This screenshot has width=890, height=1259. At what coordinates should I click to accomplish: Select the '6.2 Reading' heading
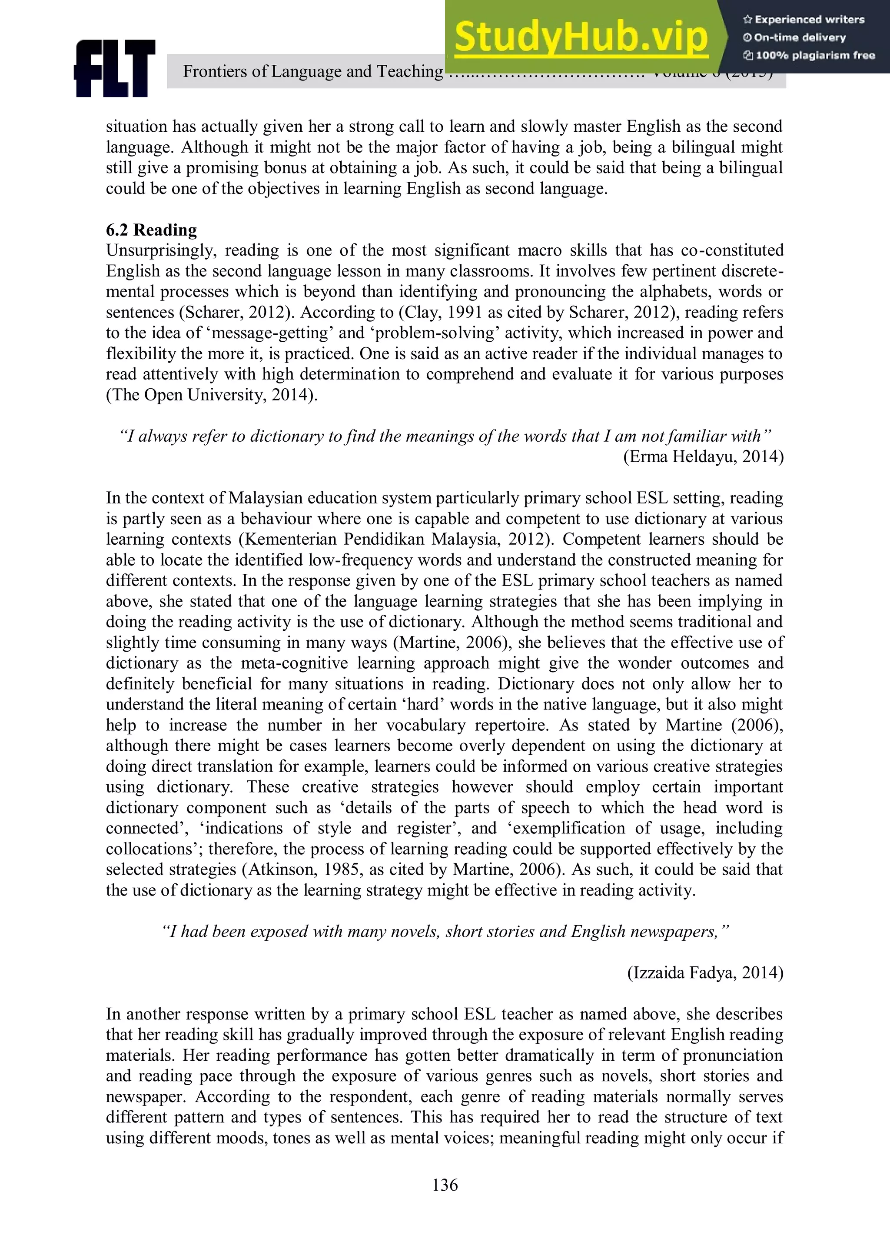151,230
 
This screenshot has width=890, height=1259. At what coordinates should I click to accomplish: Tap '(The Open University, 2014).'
212,395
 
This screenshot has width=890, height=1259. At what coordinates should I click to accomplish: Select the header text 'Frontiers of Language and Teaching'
312,71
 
